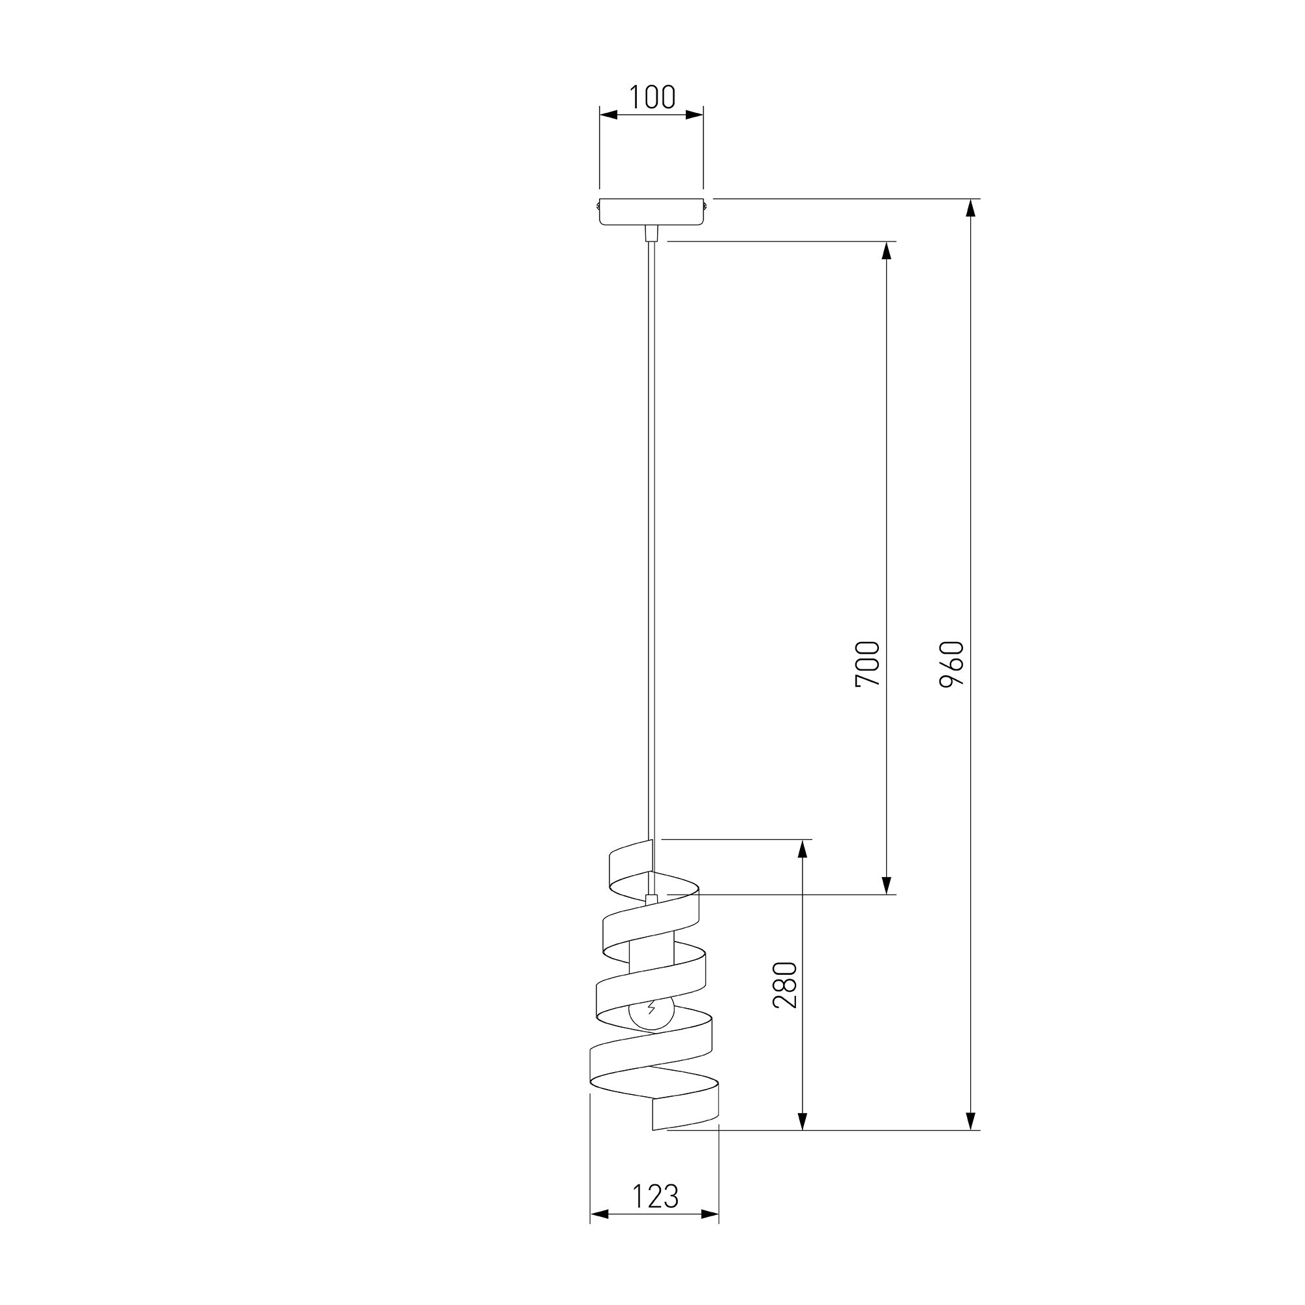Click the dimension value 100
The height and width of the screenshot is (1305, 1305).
(x=652, y=97)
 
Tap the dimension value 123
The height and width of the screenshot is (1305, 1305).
(x=654, y=1197)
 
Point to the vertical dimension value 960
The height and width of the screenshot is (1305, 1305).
(x=952, y=664)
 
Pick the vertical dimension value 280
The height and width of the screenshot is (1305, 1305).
(x=786, y=985)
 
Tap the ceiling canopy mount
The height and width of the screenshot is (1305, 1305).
(x=652, y=211)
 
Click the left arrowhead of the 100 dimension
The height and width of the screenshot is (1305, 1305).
(x=609, y=115)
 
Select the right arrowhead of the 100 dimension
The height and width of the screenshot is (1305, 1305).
(x=694, y=115)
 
